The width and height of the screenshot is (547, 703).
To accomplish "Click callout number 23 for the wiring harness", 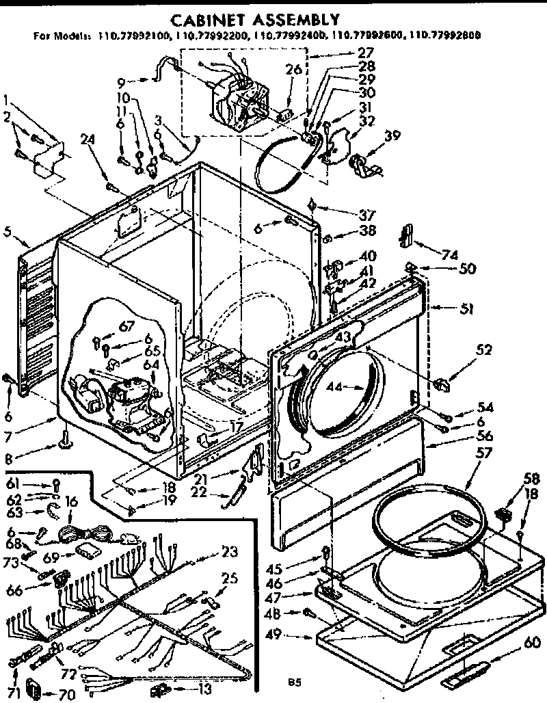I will [x=230, y=552].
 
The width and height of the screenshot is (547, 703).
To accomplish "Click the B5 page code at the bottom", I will [x=295, y=681].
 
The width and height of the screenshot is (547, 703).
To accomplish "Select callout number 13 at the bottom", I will [x=203, y=689].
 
